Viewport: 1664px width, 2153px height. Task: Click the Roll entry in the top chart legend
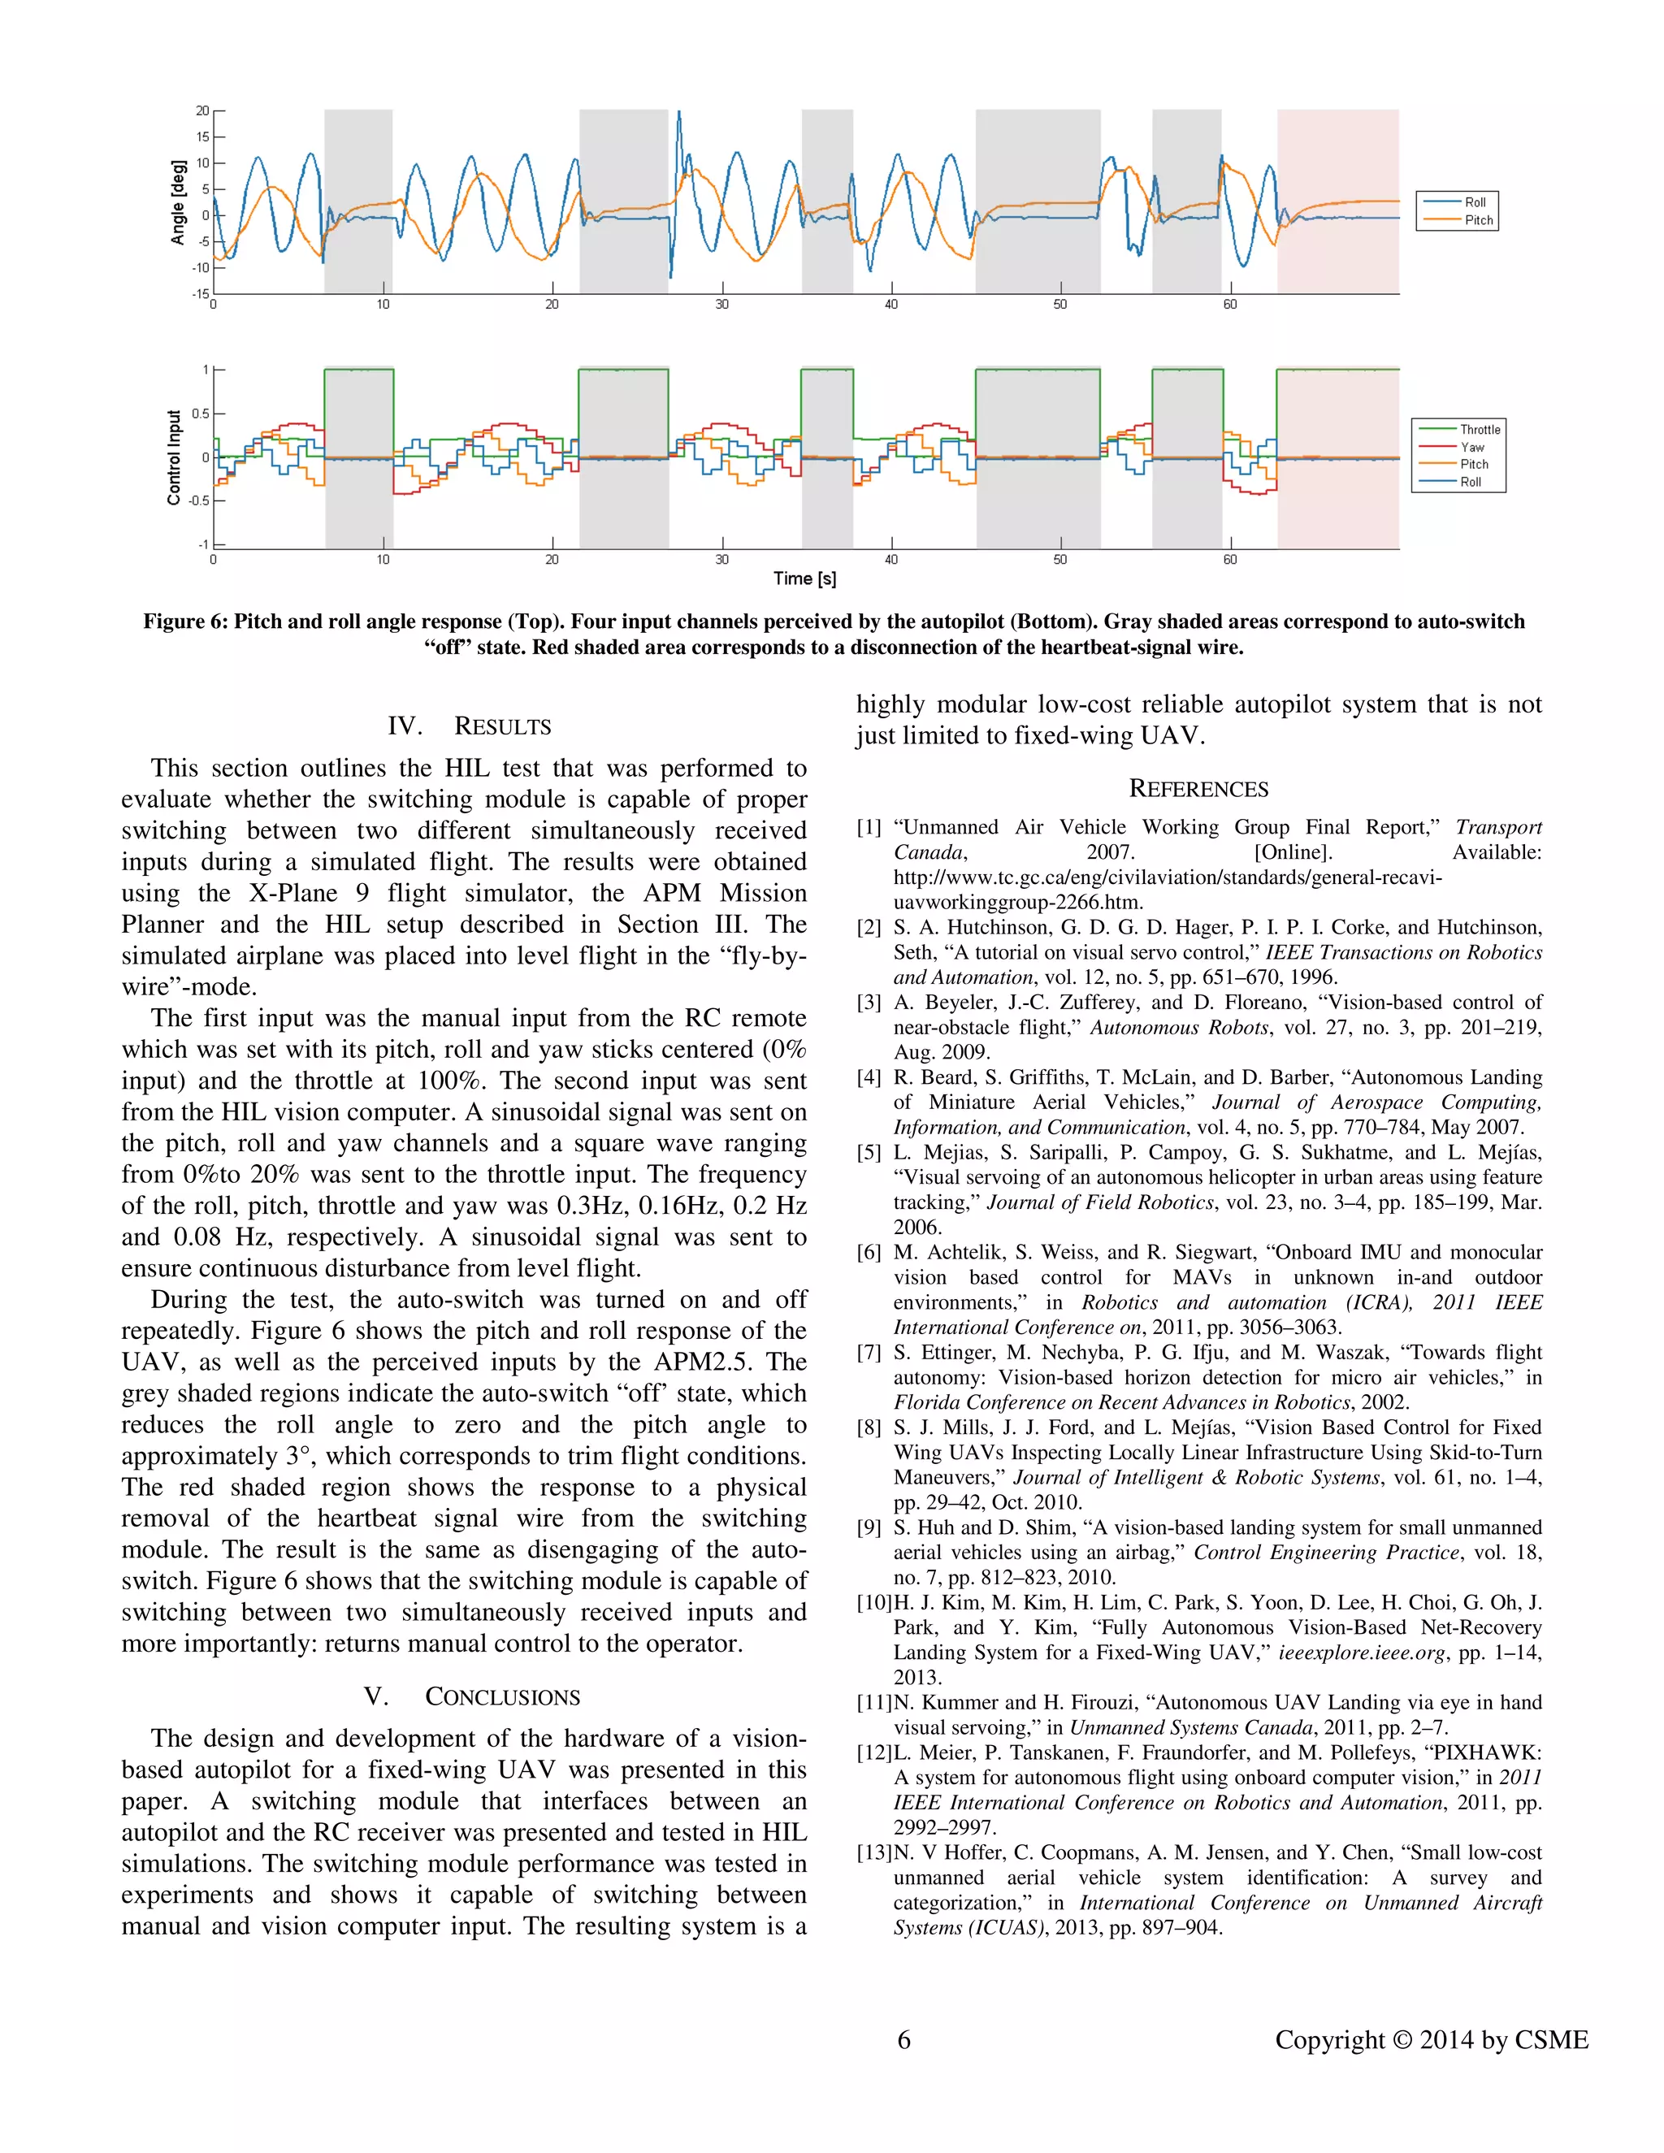pyautogui.click(x=1474, y=202)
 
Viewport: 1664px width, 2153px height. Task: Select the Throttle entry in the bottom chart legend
pyautogui.click(x=1479, y=430)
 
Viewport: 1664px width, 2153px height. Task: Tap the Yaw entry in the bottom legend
pyautogui.click(x=1471, y=448)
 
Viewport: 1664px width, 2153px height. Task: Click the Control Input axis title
pyautogui.click(x=175, y=458)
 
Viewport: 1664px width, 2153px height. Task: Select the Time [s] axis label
pyautogui.click(x=804, y=578)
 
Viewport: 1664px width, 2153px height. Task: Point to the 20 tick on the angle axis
pyautogui.click(x=202, y=110)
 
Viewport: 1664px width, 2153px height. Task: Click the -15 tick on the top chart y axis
pyautogui.click(x=200, y=294)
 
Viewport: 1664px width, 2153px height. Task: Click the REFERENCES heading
pyautogui.click(x=1198, y=789)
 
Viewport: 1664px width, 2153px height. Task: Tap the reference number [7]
pyautogui.click(x=869, y=1353)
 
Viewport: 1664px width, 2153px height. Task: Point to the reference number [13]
pyautogui.click(x=873, y=1852)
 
